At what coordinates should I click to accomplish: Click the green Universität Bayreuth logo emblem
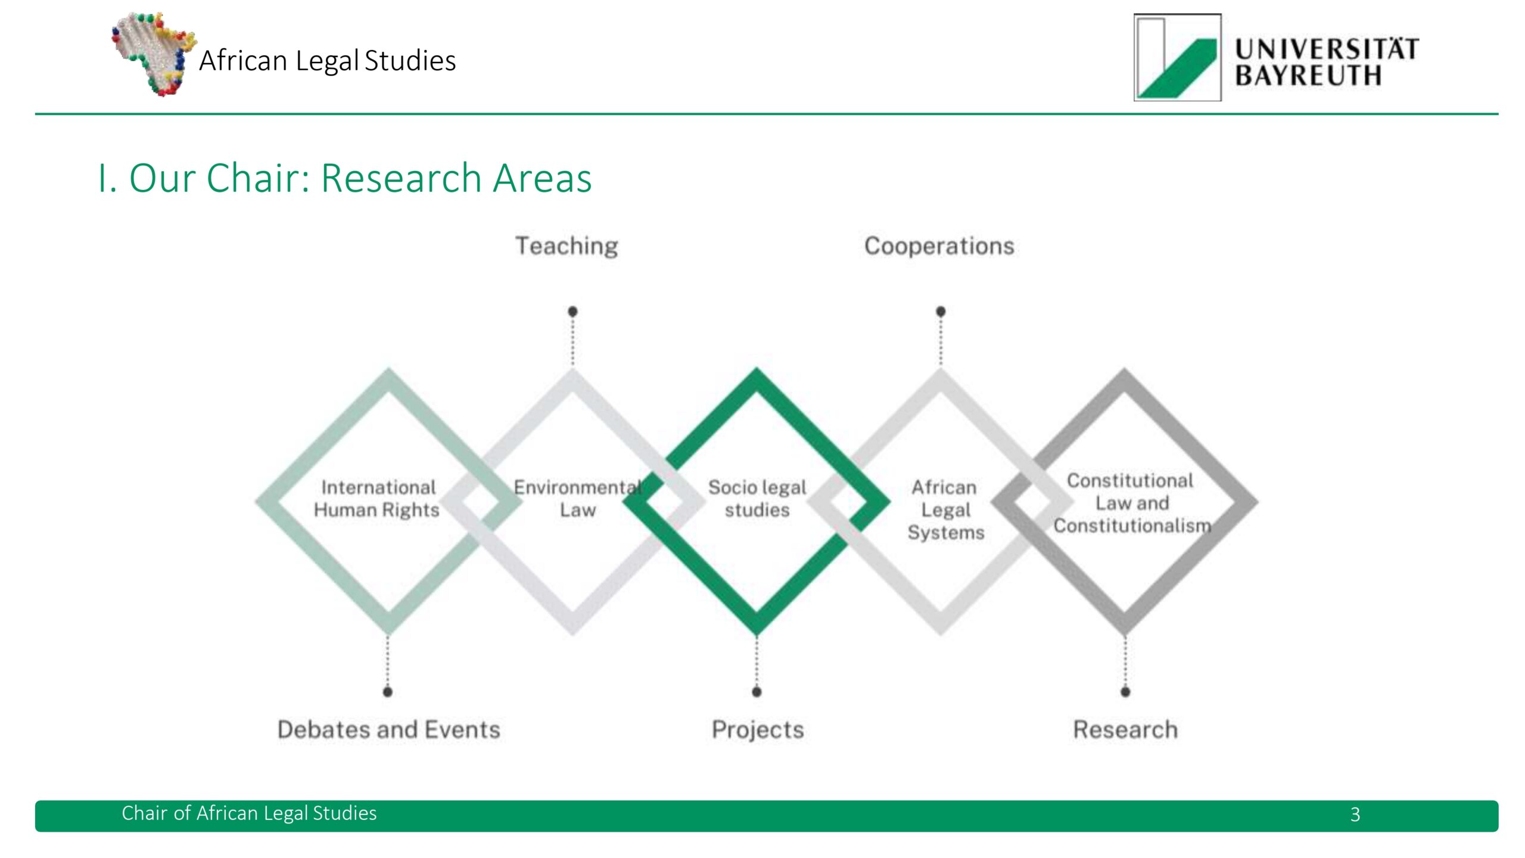1177,58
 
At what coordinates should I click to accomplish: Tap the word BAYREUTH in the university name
1308,76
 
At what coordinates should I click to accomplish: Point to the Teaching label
567,246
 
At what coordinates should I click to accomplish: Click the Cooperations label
939,246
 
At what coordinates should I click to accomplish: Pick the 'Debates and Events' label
388,729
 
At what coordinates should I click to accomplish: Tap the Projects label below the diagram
758,729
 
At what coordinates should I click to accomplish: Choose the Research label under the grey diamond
1125,729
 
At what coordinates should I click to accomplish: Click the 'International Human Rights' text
377,499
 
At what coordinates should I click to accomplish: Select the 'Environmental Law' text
577,499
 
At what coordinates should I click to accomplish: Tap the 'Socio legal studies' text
757,499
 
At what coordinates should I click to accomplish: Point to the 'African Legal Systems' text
945,509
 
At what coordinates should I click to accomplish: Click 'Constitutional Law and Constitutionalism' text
1131,503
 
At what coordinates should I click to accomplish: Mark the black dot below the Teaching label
572,311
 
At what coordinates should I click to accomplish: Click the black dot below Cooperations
941,311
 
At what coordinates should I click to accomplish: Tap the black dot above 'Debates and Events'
388,692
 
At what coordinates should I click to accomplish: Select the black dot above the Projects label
757,692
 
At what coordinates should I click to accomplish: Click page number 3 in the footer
1355,815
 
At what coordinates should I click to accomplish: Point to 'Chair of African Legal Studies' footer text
249,813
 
